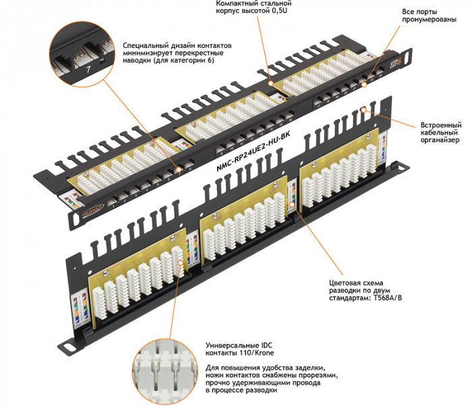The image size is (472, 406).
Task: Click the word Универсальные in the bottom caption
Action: [237, 344]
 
